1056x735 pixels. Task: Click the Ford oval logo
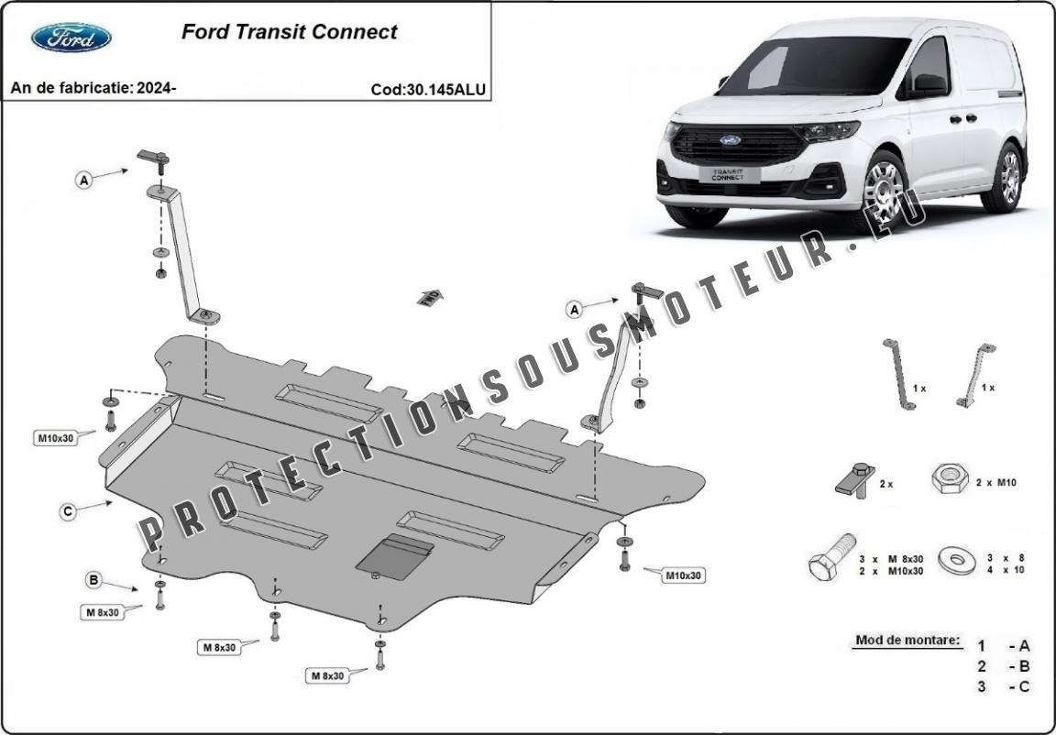coord(71,37)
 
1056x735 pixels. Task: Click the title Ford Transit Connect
coord(289,32)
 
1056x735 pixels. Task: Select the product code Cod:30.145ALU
coord(428,90)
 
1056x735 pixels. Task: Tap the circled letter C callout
coord(68,512)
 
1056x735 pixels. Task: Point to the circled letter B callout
coord(93,579)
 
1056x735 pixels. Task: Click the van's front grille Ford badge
coord(730,140)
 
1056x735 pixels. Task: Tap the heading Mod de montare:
coord(907,640)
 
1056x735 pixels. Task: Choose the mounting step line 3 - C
coord(1004,686)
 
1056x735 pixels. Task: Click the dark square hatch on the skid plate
coord(395,556)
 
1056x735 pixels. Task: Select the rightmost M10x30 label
coord(683,576)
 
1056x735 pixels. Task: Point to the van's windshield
coord(811,64)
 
